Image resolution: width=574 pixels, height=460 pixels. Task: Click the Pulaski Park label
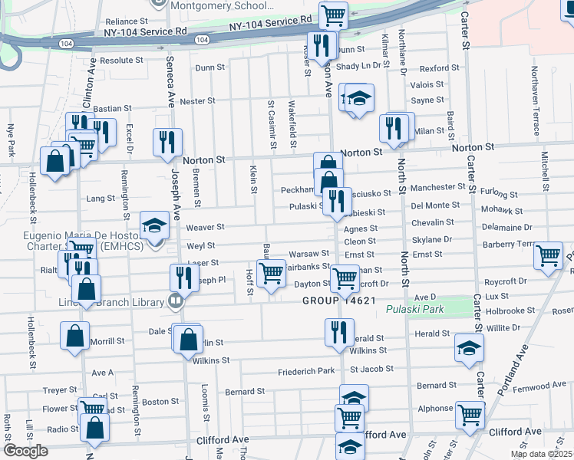[404, 309]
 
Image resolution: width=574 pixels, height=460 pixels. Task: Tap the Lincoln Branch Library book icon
[175, 301]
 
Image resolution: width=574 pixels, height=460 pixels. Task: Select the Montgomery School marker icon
[159, 3]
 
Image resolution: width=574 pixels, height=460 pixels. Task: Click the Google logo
[25, 451]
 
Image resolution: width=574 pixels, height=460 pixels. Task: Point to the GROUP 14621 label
[338, 301]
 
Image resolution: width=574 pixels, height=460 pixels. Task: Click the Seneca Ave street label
[168, 77]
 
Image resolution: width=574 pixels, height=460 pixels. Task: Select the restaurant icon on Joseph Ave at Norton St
[167, 142]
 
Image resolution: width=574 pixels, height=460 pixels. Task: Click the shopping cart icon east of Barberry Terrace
[548, 256]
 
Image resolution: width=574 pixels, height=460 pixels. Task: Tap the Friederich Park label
[307, 372]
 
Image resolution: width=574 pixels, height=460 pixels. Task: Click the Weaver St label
[205, 227]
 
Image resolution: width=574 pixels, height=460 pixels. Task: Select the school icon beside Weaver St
[155, 226]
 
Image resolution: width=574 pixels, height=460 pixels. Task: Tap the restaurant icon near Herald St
[338, 332]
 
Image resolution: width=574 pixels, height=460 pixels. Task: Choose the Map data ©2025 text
[541, 454]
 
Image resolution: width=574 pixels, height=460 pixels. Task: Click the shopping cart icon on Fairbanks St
[270, 274]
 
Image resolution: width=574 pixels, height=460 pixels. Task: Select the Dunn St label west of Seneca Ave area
[209, 67]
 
